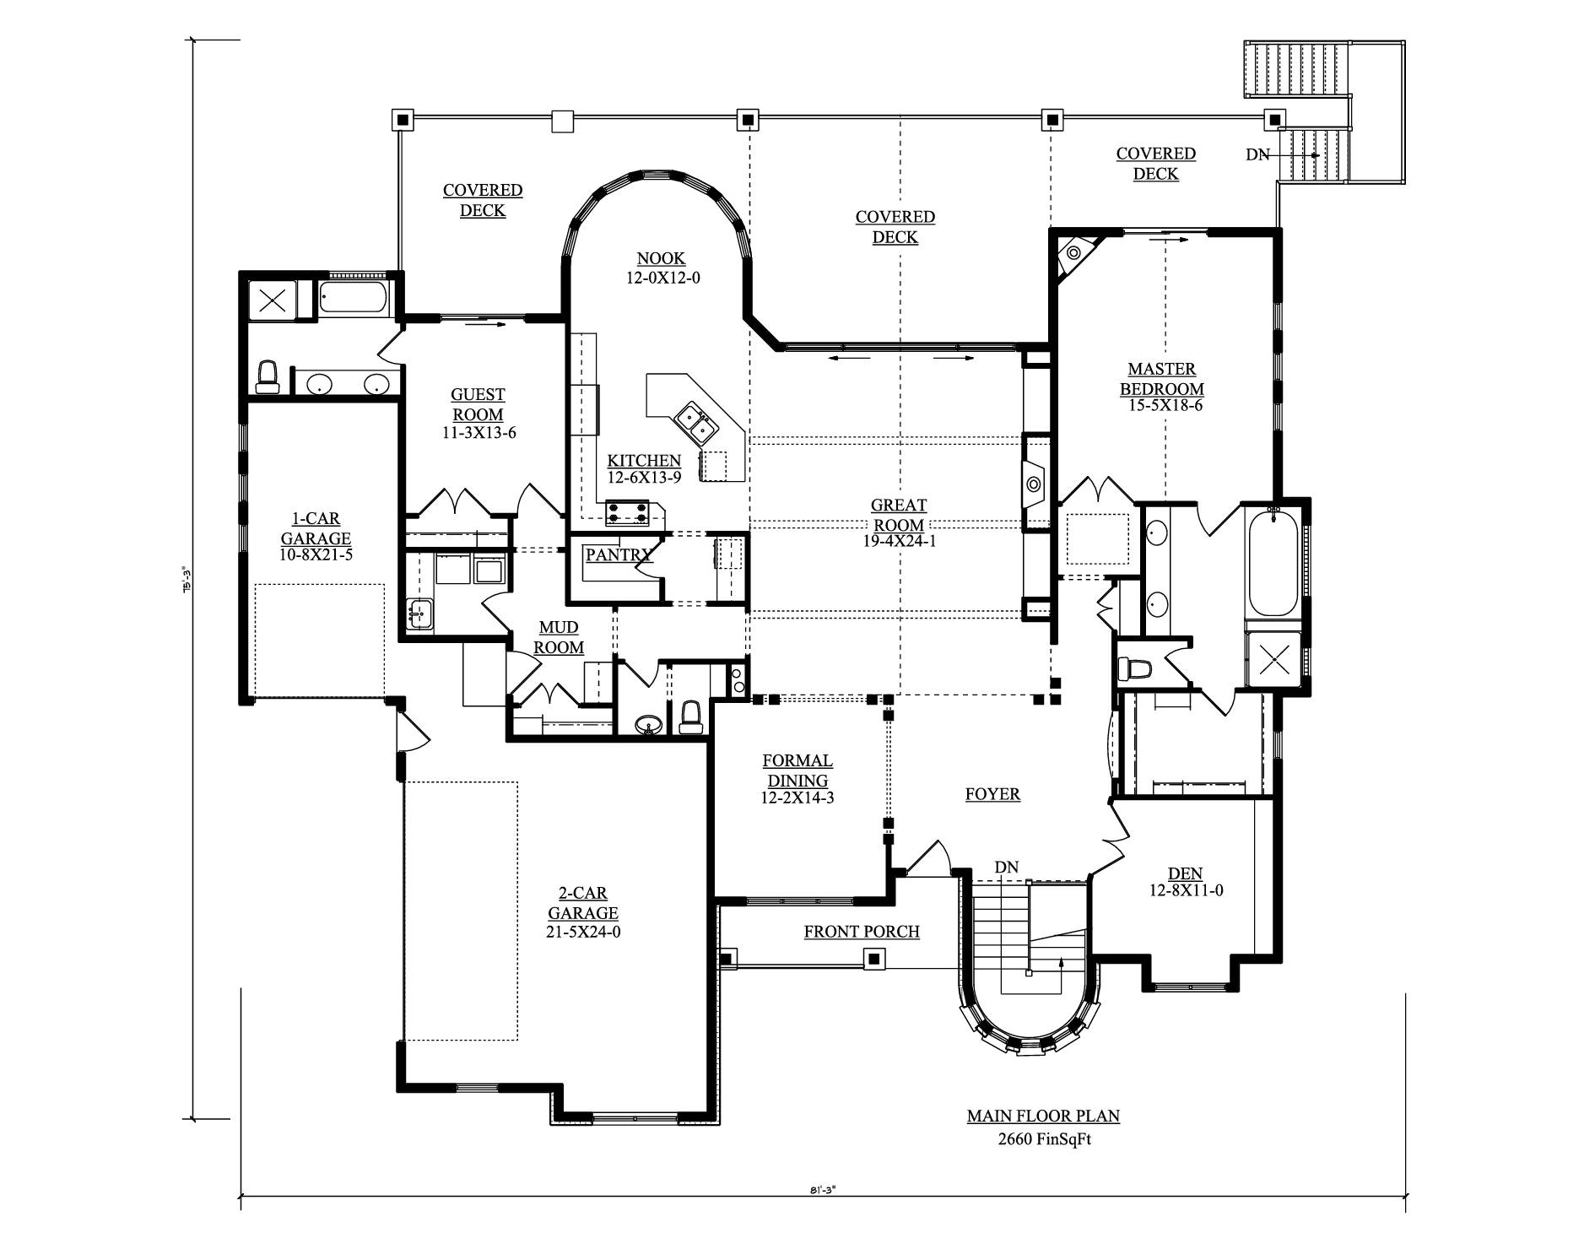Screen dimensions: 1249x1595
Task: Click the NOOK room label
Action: (x=661, y=258)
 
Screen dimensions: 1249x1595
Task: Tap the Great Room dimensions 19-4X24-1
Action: (x=899, y=541)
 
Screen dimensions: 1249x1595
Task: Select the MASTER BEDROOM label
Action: (x=1161, y=379)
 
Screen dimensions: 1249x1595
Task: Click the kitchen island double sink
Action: (x=697, y=424)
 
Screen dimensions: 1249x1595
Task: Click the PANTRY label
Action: (x=619, y=554)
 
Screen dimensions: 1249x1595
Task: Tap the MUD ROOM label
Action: (x=559, y=637)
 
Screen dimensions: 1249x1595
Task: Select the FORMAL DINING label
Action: (x=797, y=770)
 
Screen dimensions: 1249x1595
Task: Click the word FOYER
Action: (x=992, y=794)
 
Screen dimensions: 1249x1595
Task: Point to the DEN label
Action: (x=1185, y=873)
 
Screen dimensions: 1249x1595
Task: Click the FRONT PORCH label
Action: (x=862, y=932)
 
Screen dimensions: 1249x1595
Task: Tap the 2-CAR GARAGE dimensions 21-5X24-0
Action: (x=583, y=932)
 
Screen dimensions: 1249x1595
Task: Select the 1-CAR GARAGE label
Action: (x=316, y=528)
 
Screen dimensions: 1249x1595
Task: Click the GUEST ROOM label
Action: (x=478, y=404)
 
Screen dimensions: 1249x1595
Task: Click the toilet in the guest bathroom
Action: (x=268, y=376)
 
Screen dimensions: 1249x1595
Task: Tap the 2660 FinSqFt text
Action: (x=1044, y=1139)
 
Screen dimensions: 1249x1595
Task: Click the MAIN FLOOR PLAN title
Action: (x=1043, y=1116)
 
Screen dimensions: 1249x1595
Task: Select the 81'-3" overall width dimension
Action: (x=821, y=1190)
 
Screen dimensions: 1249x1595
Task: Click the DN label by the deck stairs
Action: (x=1257, y=154)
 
